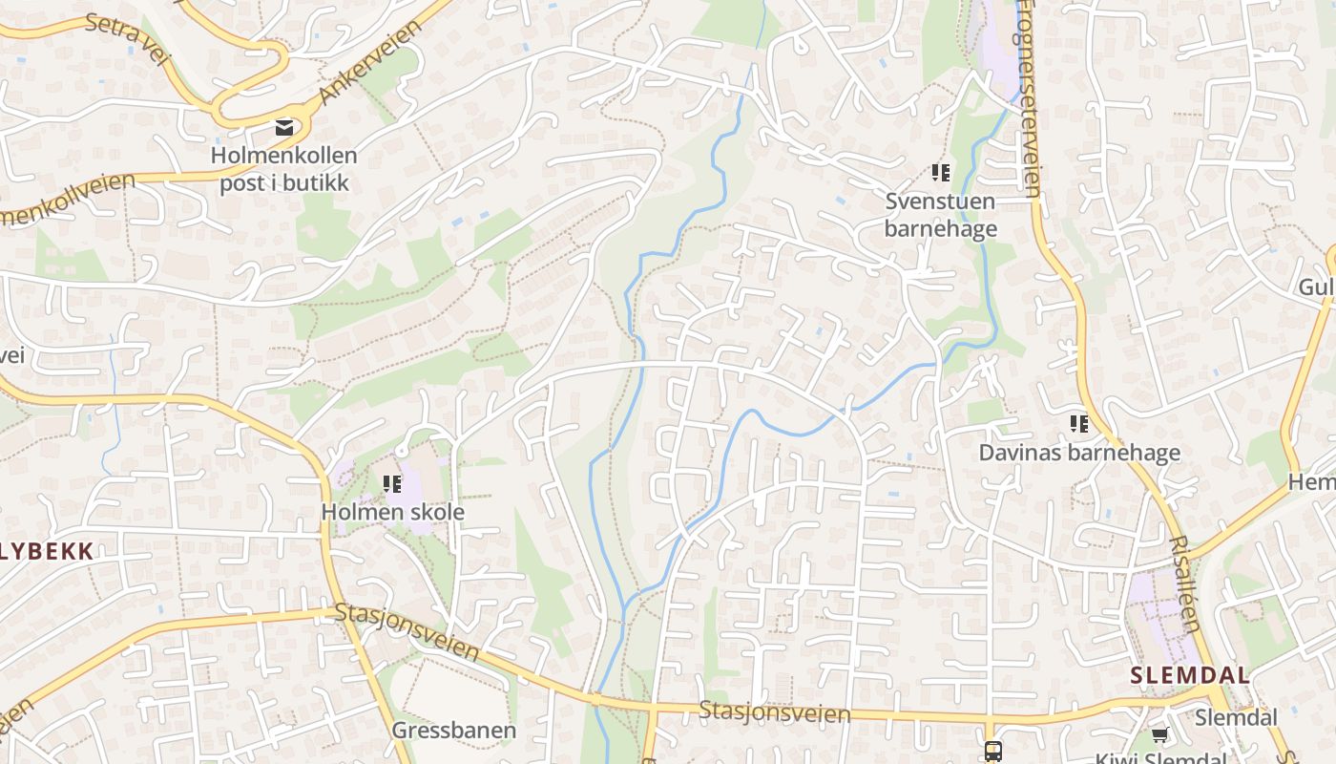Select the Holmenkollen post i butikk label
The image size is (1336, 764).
tap(284, 169)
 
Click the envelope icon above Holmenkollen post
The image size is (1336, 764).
tap(283, 126)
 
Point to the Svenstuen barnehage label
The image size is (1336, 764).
tap(940, 215)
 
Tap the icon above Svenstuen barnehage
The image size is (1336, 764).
tap(941, 173)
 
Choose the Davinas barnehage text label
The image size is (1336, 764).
tap(1079, 453)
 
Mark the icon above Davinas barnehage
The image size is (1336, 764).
tap(1079, 423)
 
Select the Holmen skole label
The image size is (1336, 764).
tap(392, 512)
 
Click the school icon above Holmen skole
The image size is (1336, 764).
tap(392, 484)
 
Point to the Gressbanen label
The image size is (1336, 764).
tap(454, 731)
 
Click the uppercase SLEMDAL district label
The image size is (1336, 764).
tap(1190, 675)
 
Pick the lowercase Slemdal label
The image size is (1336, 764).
tap(1236, 717)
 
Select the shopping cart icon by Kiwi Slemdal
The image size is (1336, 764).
tap(1159, 735)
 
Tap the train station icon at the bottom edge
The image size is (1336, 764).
tap(992, 751)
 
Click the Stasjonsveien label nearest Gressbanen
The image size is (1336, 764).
tap(407, 631)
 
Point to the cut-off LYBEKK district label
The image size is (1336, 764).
tap(47, 551)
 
